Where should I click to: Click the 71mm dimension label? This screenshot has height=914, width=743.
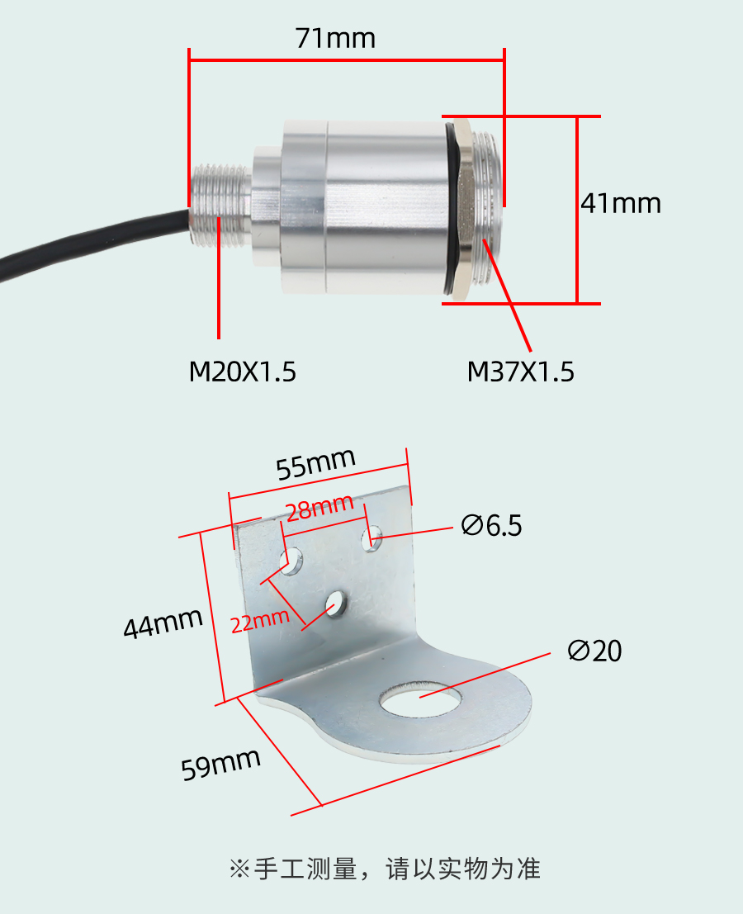[x=335, y=39]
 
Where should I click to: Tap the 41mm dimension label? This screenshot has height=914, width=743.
[x=621, y=203]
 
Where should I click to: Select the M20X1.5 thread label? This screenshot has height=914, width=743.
[x=243, y=372]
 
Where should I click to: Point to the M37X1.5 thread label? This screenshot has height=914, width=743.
[x=520, y=372]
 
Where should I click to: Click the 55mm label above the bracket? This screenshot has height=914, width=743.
[x=315, y=464]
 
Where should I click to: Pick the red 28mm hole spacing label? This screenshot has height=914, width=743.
[x=319, y=508]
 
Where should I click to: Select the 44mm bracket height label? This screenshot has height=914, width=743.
[x=163, y=623]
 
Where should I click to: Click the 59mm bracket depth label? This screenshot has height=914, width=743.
[x=220, y=765]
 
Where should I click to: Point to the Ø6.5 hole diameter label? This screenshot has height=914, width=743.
[x=491, y=525]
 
